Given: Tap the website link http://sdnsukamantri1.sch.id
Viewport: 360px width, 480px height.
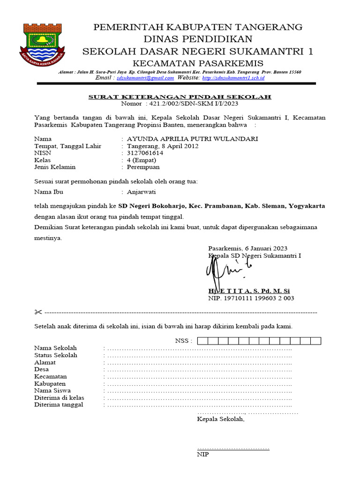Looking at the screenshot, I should coord(233,78).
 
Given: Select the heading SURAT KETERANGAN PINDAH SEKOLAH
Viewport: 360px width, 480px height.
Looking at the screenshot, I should coord(180,97).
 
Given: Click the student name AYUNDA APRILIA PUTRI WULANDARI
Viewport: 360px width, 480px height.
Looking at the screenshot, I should coord(192,139).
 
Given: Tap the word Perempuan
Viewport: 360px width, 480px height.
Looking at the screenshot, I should coord(143,167).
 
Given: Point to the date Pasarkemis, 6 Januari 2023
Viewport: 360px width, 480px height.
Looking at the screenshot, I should coord(248,248).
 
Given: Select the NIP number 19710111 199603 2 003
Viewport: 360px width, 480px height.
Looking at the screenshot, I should coord(258,298).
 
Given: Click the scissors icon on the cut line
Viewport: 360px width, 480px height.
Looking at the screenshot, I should coord(38,312).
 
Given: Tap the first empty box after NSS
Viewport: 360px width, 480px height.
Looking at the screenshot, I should coord(202,341).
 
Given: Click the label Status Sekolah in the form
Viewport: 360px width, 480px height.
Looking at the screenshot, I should coord(56,355).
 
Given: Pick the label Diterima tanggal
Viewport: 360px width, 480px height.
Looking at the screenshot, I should coord(59,405).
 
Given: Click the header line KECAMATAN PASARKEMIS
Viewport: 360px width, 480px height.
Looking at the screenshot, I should coord(197,63).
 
